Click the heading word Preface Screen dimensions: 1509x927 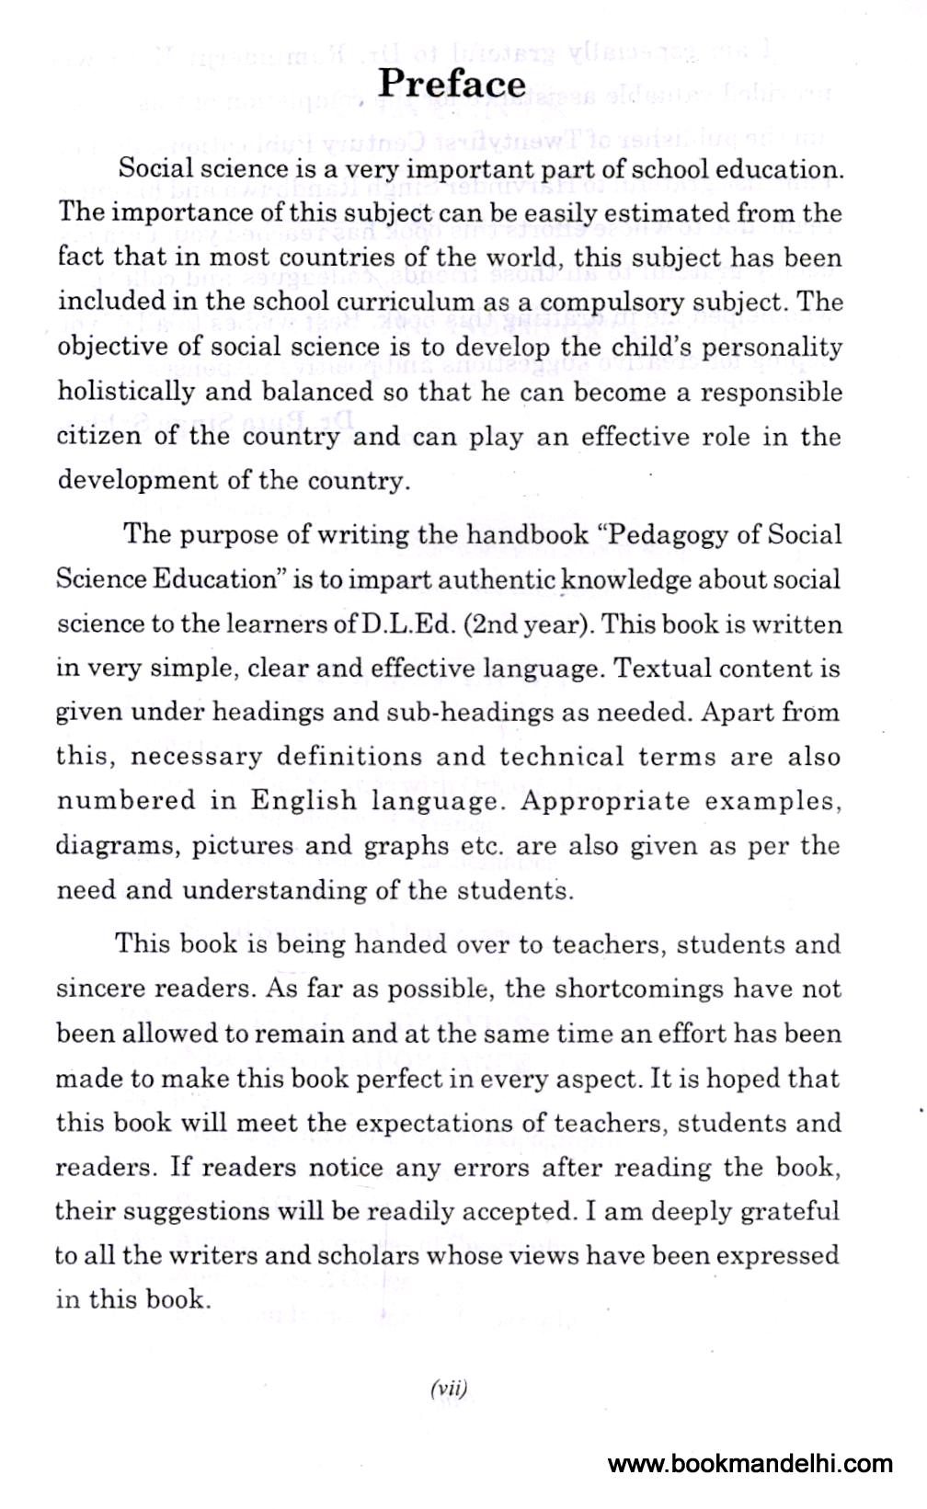point(452,84)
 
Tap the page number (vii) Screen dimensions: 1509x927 point(449,1389)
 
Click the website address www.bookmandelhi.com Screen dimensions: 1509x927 point(750,1464)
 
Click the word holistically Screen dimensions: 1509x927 point(125,393)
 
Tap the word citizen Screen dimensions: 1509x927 point(97,436)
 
